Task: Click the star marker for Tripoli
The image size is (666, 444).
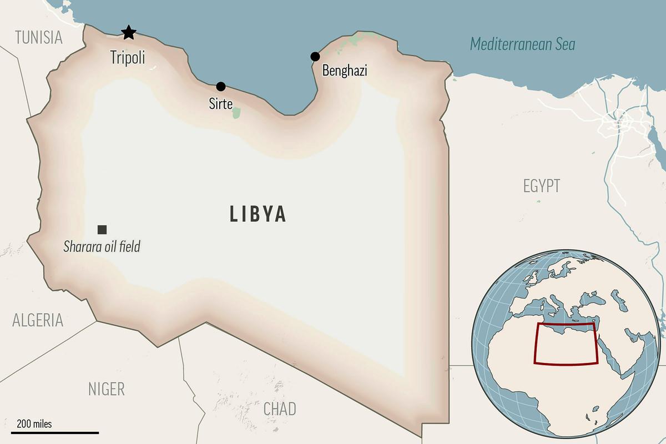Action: coord(128,32)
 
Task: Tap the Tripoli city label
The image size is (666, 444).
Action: coord(128,57)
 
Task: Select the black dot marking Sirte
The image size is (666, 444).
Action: coord(221,86)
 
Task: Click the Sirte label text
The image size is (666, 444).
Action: coord(220,104)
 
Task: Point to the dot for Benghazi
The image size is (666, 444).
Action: coord(315,56)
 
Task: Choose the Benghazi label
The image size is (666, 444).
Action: coord(345,71)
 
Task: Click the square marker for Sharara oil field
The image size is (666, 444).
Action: coord(102,229)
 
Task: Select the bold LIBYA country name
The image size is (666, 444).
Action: coord(258,214)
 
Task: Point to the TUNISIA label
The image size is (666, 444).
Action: coord(39,38)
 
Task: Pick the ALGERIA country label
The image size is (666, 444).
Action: coord(38,320)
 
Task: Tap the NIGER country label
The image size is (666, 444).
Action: coord(107,389)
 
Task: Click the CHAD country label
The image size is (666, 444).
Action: coord(280,409)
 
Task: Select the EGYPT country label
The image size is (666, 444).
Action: coord(542,186)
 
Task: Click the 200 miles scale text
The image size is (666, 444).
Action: coord(34,424)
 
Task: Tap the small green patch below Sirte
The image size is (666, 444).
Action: coord(236,113)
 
